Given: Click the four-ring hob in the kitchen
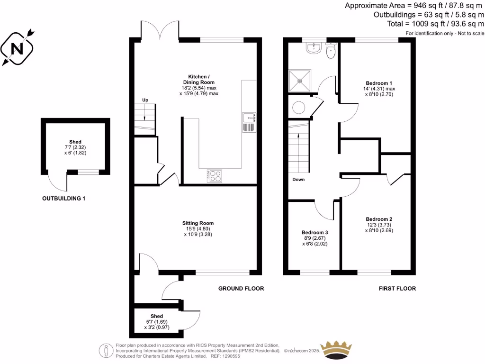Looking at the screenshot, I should point(215,176).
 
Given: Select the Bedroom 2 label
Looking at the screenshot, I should point(378,219).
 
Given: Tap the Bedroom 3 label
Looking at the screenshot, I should point(314,232).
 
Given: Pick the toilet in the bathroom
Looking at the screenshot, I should point(331,51).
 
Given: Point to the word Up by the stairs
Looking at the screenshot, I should point(145,100).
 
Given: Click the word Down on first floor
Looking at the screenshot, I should point(298,180).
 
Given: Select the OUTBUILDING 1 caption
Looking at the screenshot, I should point(64,199).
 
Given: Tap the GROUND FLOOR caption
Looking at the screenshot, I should point(241,288).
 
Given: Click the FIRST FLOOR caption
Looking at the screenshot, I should point(397,288).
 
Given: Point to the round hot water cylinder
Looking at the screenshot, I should point(299,108).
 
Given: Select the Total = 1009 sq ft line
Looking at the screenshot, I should point(436,23).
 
